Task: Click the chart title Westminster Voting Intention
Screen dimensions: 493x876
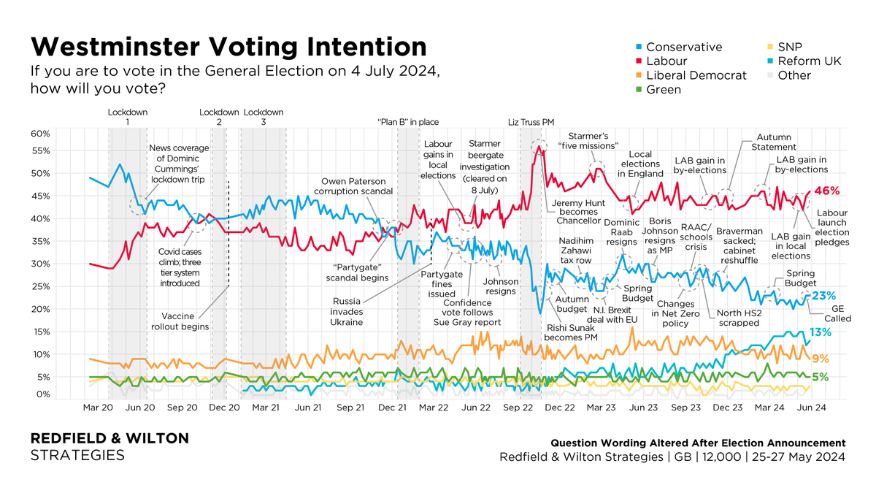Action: coord(228,47)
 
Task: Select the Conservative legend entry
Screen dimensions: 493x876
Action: coord(684,47)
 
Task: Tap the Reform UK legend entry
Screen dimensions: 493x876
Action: coord(809,61)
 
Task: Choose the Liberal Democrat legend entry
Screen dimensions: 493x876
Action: coord(696,75)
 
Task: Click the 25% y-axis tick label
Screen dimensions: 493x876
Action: coord(40,286)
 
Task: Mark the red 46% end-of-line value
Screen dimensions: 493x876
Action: coord(826,191)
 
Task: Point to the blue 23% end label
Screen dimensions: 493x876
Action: coord(824,296)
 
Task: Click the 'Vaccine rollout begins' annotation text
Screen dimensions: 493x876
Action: coord(185,321)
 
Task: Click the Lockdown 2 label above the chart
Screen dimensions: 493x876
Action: coord(219,118)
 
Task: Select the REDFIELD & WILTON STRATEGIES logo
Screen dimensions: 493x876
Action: coord(109,446)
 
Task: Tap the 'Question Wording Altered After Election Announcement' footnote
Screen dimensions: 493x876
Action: coord(697,443)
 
